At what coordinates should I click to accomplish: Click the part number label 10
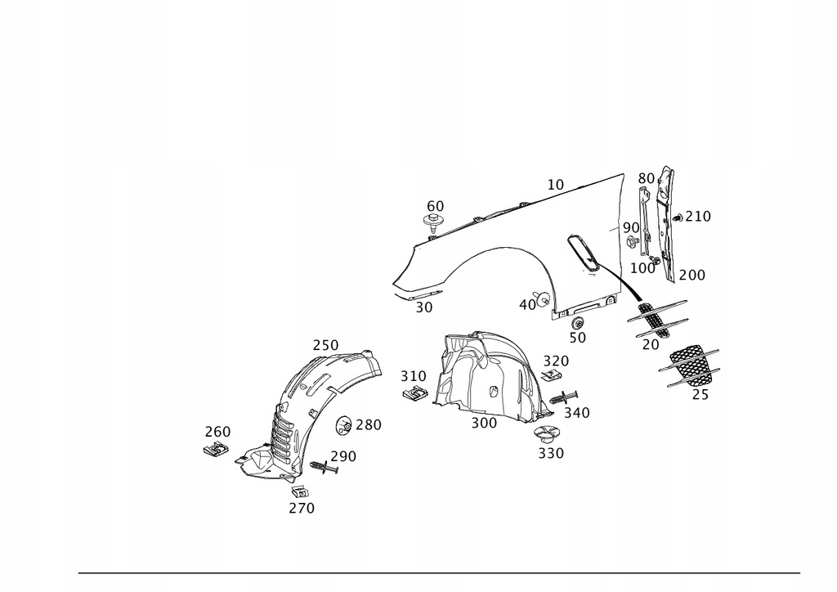click(556, 185)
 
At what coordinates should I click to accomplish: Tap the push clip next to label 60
click(432, 222)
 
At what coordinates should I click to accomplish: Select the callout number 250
click(325, 345)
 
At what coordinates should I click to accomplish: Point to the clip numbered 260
click(217, 448)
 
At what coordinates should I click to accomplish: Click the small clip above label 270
click(300, 492)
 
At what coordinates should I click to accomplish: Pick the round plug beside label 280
click(345, 425)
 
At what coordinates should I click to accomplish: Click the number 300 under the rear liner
click(483, 423)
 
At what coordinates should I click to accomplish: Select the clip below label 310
click(417, 393)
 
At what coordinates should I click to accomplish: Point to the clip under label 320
click(553, 375)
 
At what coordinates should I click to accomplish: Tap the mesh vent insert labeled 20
click(659, 318)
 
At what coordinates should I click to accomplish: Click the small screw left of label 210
click(677, 218)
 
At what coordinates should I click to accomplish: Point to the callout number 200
click(692, 276)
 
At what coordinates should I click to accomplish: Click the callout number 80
click(647, 177)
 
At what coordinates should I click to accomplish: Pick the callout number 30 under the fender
click(423, 307)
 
